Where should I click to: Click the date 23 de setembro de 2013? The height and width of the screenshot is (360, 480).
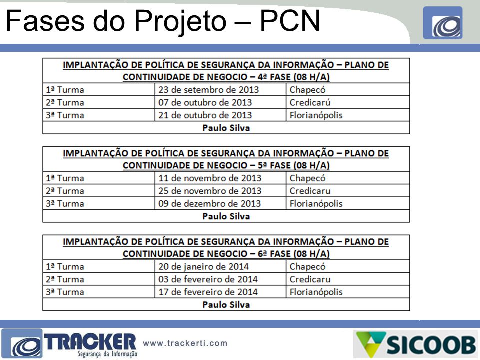click(208, 90)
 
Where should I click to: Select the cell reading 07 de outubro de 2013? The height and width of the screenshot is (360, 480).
click(205, 102)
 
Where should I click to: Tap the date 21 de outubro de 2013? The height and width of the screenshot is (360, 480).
click(205, 115)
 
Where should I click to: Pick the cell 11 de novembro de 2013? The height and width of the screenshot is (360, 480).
click(210, 178)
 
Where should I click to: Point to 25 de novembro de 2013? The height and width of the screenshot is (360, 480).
click(210, 191)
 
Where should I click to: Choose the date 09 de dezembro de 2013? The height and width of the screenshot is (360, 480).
click(209, 204)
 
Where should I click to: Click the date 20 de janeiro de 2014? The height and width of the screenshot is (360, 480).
click(203, 267)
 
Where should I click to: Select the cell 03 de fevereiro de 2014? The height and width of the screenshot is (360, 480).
click(208, 279)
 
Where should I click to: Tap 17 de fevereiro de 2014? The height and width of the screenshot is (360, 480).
click(208, 292)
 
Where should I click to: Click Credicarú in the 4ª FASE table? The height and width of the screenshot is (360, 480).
click(310, 102)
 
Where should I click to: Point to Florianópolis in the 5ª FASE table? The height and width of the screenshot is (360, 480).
click(316, 204)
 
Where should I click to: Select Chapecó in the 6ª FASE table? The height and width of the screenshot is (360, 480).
click(307, 267)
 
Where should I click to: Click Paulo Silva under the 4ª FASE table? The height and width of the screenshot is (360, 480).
click(226, 128)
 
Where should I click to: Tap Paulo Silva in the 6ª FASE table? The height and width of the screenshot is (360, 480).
click(226, 305)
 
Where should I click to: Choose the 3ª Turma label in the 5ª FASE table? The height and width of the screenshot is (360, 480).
click(65, 204)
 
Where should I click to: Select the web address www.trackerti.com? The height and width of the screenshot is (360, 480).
click(185, 343)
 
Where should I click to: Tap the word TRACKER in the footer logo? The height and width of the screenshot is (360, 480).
click(90, 342)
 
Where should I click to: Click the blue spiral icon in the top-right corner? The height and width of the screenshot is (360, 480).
click(443, 23)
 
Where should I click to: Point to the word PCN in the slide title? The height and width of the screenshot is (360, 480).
click(290, 21)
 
